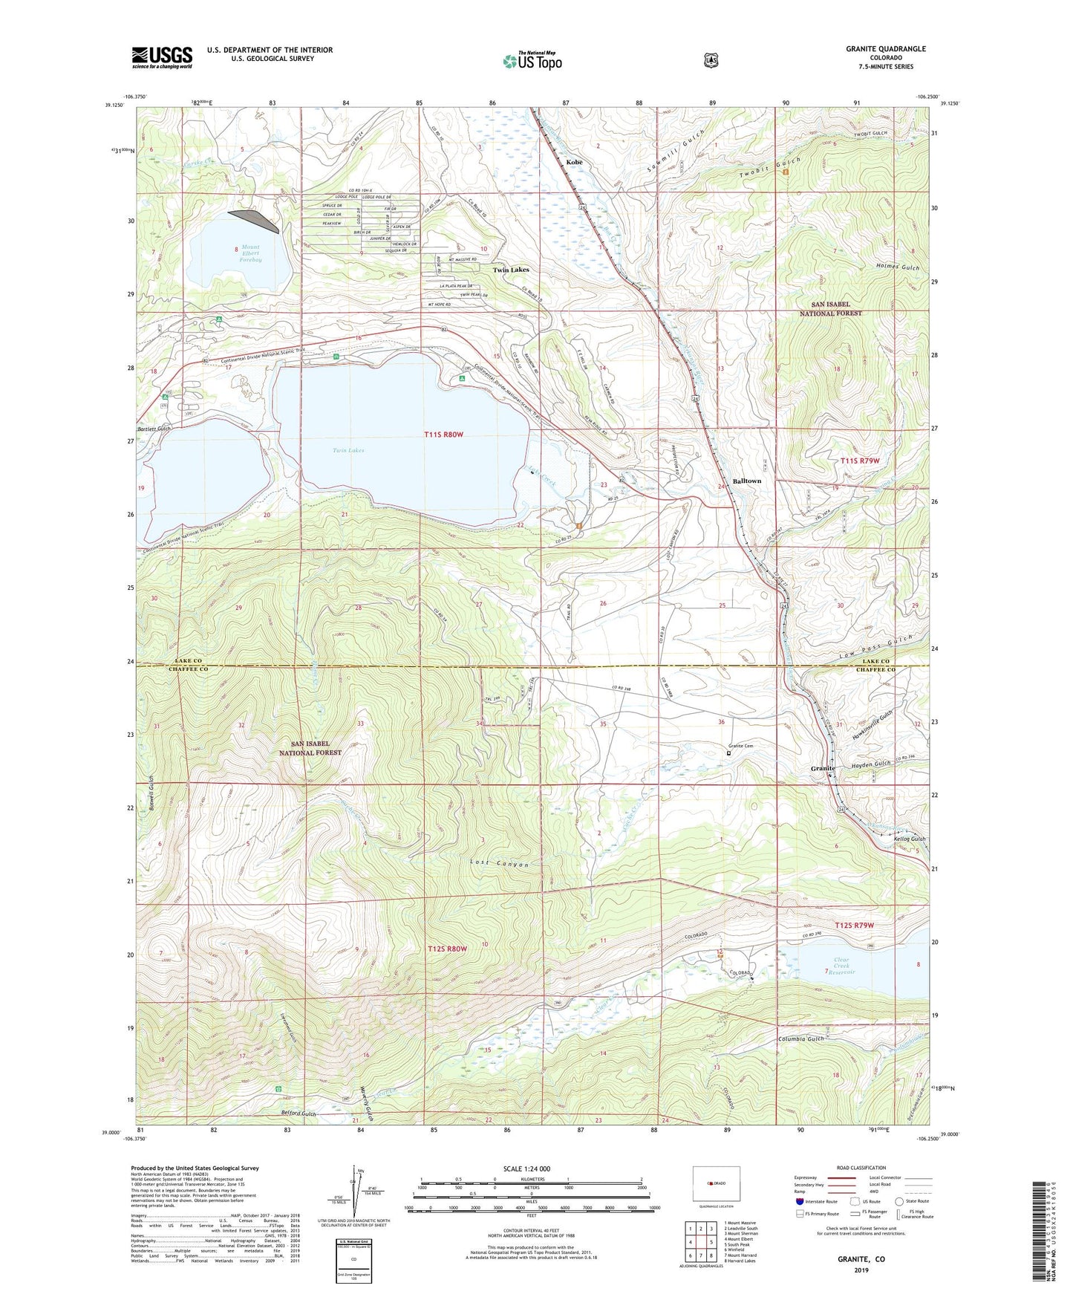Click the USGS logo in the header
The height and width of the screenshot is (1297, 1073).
[162, 57]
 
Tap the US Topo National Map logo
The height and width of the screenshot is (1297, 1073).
[532, 61]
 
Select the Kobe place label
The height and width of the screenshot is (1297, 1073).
[574, 161]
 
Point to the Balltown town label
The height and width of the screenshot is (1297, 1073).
[746, 481]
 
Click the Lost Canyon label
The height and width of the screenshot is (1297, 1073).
[499, 865]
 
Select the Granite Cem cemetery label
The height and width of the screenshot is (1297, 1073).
[740, 746]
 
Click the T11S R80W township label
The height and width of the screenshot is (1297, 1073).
[444, 435]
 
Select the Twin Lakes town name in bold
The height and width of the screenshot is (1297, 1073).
[511, 270]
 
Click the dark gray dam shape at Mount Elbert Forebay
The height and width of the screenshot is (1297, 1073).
[257, 219]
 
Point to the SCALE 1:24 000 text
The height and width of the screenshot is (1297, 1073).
[526, 1168]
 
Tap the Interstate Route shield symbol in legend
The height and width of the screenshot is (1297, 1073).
[799, 1201]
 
